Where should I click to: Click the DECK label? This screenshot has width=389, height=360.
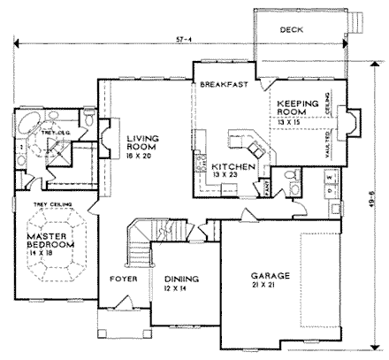tap(292, 29)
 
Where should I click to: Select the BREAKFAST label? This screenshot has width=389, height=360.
tap(221, 85)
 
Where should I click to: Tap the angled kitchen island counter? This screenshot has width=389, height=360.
tap(244, 142)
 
